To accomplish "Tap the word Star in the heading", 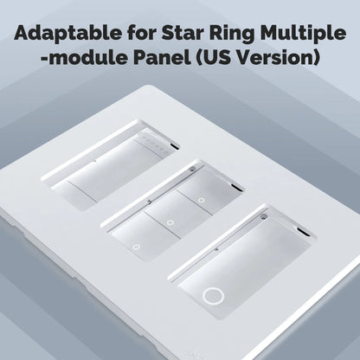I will (x=177, y=35).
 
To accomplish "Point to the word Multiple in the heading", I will (x=299, y=35).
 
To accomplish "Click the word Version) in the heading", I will (x=281, y=60).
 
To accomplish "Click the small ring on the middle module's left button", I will (x=136, y=247).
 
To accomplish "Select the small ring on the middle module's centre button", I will (x=169, y=222).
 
